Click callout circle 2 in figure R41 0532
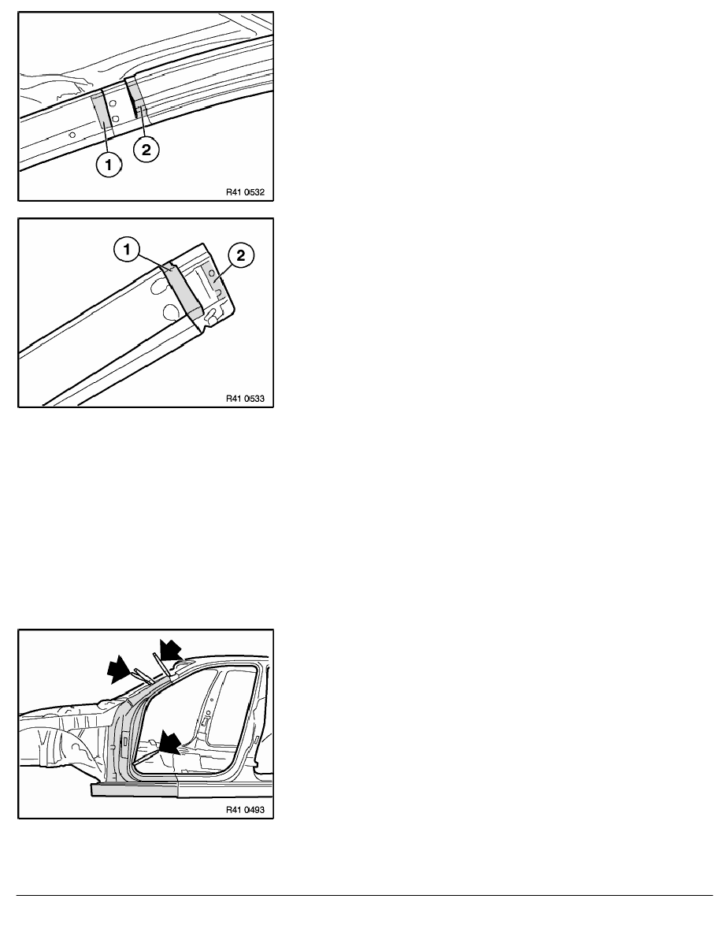[x=146, y=149]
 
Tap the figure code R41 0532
[x=245, y=192]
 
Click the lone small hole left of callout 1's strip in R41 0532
[x=72, y=135]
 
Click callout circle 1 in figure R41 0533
[x=127, y=250]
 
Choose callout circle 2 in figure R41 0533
[x=240, y=255]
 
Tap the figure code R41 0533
[x=245, y=398]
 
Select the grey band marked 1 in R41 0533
[x=184, y=289]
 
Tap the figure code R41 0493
[x=245, y=810]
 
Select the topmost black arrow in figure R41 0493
[x=171, y=648]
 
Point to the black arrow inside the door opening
[x=171, y=742]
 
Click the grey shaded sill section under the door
[x=134, y=790]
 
